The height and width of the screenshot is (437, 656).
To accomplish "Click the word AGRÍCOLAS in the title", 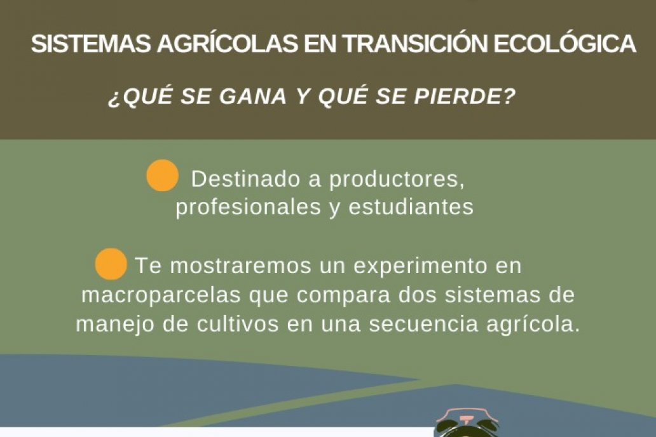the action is (228, 43).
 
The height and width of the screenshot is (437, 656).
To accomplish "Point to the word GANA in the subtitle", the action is (253, 97).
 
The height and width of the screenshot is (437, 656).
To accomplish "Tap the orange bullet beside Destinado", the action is (162, 175).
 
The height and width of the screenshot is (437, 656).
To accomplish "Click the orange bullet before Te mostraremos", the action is (111, 264).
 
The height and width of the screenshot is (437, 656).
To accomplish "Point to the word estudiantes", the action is (411, 206).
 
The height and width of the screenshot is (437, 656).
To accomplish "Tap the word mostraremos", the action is (240, 266).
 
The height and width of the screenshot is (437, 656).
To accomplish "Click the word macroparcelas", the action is (161, 295).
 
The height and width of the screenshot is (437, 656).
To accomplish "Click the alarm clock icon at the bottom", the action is (467, 423).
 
